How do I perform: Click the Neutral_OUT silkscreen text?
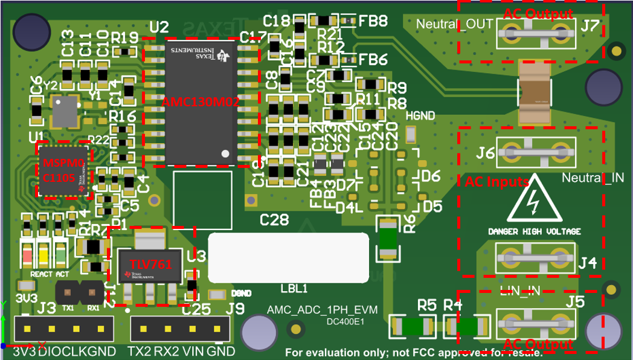click(455, 24)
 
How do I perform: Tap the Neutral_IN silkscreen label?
click(593, 178)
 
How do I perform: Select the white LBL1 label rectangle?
click(288, 257)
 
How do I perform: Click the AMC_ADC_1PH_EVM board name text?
click(322, 310)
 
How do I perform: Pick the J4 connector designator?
click(586, 263)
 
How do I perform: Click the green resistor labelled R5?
click(413, 327)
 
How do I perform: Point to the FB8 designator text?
click(373, 22)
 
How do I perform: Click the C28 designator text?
click(274, 220)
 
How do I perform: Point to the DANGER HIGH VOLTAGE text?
click(534, 231)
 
